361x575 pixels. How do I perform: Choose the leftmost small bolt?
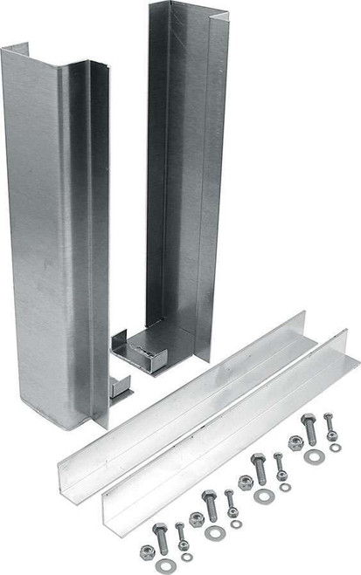point(179,531)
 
